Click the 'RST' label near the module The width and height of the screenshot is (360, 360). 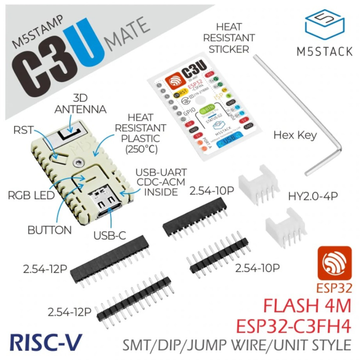point(23,129)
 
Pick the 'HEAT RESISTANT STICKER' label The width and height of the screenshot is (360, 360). point(229,38)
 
